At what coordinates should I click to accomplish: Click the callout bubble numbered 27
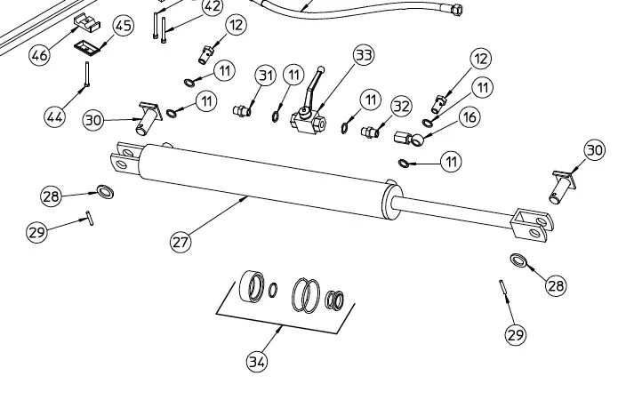(x=181, y=242)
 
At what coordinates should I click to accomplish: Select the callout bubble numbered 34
(x=257, y=362)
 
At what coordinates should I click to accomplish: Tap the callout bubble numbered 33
(x=364, y=55)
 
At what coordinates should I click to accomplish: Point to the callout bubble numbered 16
(x=469, y=117)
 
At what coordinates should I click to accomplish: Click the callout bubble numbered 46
(x=39, y=55)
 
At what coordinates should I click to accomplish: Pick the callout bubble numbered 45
(x=123, y=26)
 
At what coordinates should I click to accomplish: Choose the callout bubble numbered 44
(x=55, y=117)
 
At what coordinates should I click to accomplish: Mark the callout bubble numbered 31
(x=266, y=76)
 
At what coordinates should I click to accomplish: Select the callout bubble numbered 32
(x=401, y=106)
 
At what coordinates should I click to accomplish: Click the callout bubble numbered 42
(x=212, y=7)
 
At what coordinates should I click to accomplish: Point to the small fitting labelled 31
(x=242, y=110)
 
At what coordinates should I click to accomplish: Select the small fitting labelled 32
(x=370, y=132)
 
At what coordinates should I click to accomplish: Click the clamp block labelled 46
(x=86, y=23)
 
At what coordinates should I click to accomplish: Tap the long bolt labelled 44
(x=86, y=74)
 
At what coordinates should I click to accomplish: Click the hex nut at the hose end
(x=455, y=9)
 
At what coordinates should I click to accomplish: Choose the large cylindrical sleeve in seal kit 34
(x=252, y=286)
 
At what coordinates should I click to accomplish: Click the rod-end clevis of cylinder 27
(x=533, y=226)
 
